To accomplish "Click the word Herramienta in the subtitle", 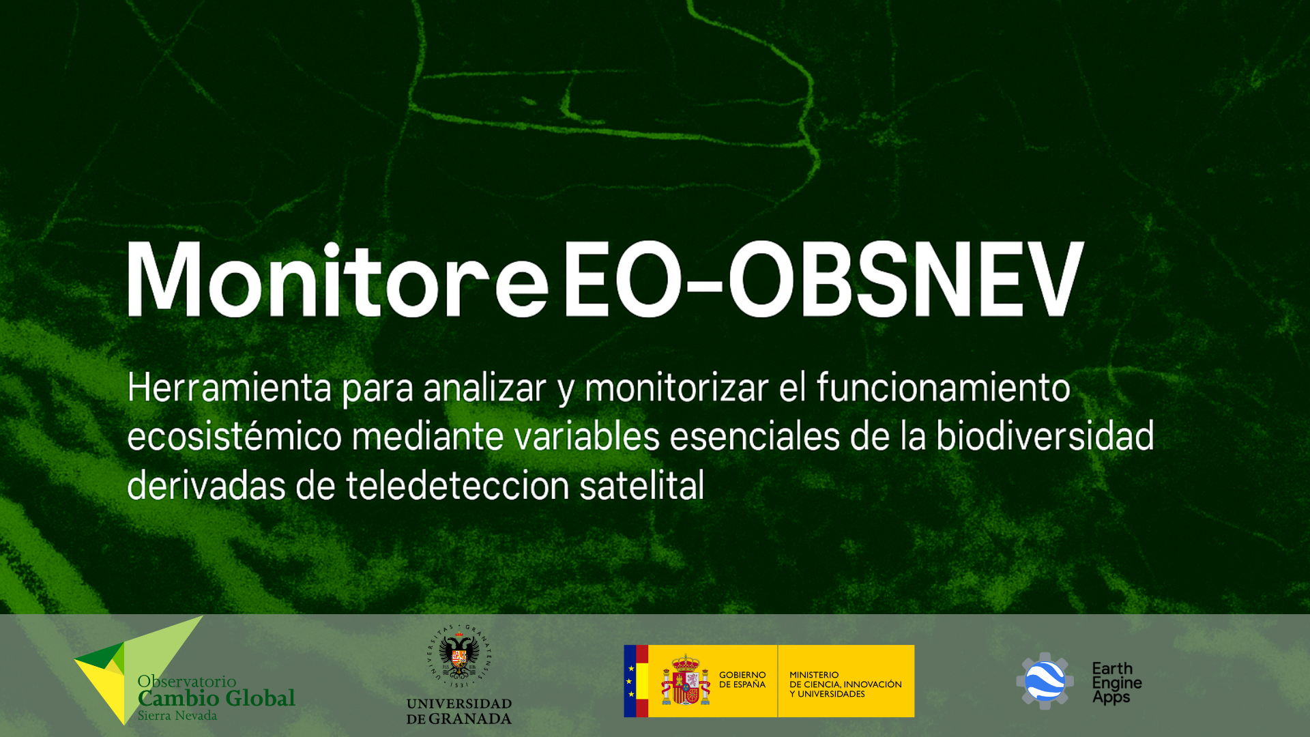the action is click(229, 387).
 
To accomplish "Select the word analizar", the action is click(484, 388).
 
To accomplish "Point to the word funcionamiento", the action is click(944, 387).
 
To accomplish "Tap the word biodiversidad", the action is click(1045, 435).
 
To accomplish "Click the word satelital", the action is click(641, 485).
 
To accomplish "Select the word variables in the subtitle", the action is click(587, 436).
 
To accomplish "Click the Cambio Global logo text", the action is click(216, 698).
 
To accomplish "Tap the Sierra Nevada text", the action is click(177, 716).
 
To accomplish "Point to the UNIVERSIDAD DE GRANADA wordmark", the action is click(459, 711).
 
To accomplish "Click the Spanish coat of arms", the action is click(686, 680).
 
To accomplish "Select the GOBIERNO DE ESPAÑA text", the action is click(742, 680).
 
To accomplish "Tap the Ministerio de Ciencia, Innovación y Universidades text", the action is click(845, 684).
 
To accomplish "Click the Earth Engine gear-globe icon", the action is click(1045, 681).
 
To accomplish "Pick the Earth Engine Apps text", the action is click(1117, 682).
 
